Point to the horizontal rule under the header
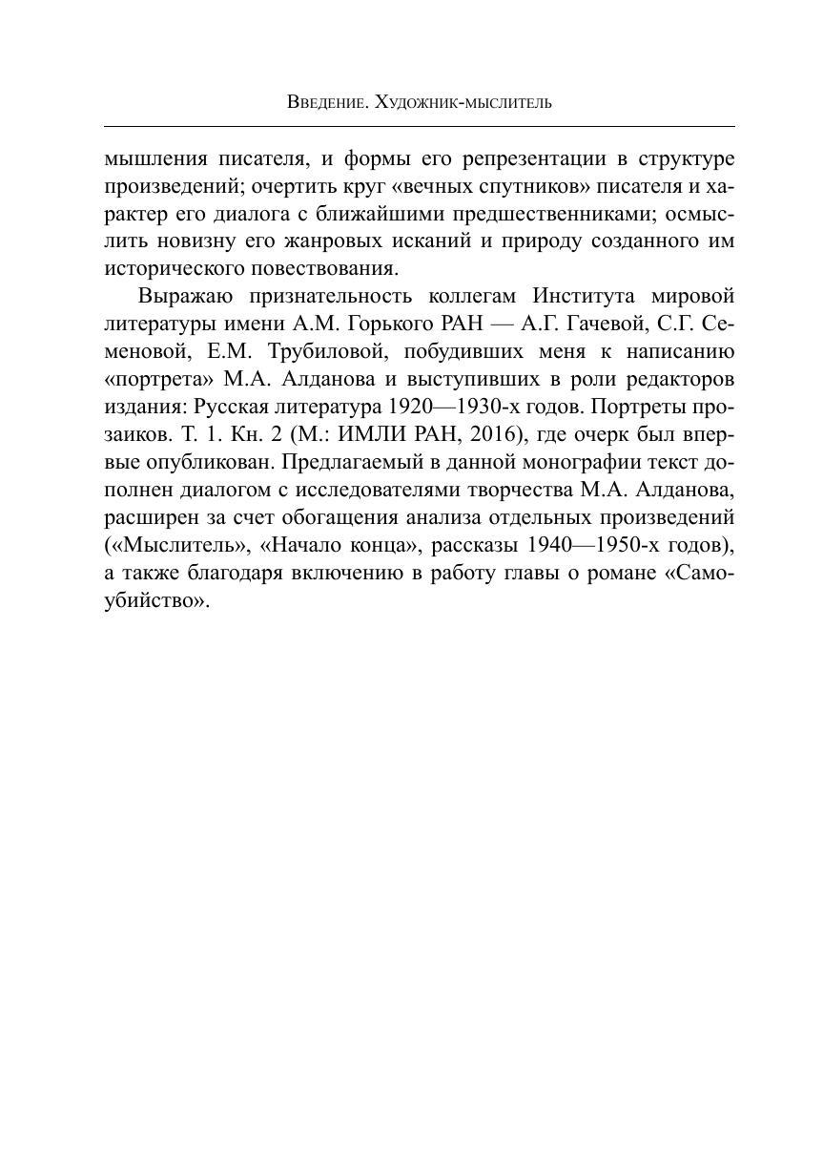[x=419, y=126]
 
